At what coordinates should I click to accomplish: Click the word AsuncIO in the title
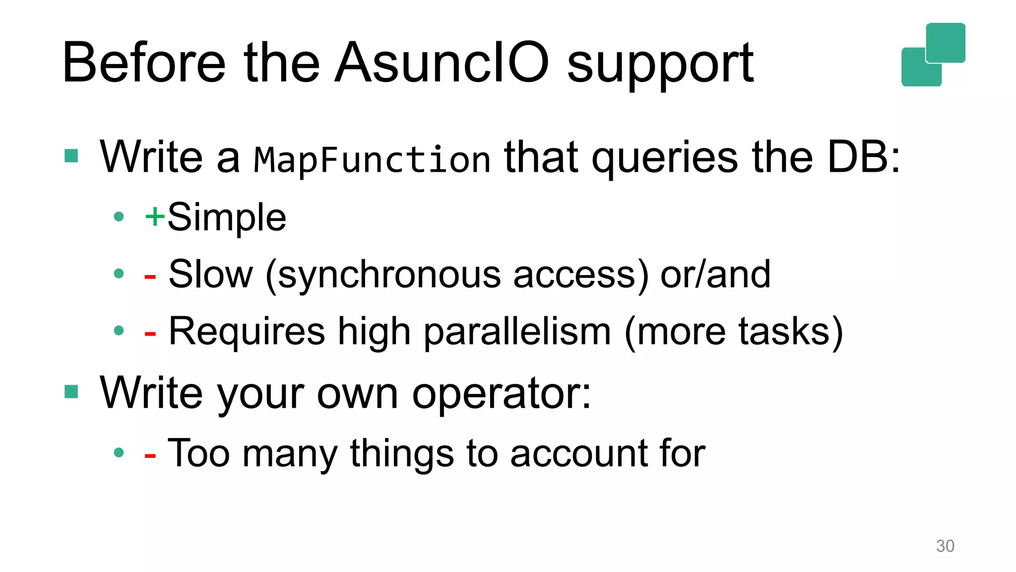pos(442,63)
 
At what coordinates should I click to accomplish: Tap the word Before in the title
pos(144,63)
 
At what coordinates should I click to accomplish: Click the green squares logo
pos(933,55)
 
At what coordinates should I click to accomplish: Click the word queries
pos(665,158)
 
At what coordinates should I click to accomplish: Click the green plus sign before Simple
pos(154,216)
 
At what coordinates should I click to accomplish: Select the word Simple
pos(227,217)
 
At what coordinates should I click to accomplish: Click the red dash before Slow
pos(150,276)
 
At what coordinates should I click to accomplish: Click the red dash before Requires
pos(150,334)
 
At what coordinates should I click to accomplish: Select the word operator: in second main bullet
pos(502,393)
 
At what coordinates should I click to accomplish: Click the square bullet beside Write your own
pos(71,392)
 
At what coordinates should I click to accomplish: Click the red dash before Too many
pos(150,455)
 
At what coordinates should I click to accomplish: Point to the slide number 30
pos(945,546)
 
